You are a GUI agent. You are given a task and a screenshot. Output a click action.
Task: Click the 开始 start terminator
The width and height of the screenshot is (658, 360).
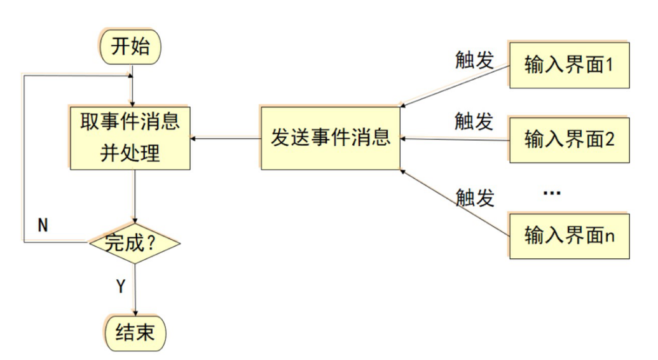click(x=131, y=48)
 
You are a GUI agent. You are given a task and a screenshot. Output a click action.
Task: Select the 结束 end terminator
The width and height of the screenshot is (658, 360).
click(x=135, y=332)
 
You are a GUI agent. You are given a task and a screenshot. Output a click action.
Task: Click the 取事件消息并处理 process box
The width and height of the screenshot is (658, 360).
click(x=131, y=137)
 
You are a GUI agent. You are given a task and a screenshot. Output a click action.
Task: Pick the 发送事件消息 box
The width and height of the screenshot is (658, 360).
click(x=330, y=138)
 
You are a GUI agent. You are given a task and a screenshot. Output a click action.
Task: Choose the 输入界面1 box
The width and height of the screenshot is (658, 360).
click(x=569, y=65)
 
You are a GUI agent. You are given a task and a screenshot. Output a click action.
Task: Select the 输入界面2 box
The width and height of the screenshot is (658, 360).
click(x=569, y=139)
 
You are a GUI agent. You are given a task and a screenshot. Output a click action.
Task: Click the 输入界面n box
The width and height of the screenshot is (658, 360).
click(x=569, y=235)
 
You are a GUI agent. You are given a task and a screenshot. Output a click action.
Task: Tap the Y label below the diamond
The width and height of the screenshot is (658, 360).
click(x=120, y=286)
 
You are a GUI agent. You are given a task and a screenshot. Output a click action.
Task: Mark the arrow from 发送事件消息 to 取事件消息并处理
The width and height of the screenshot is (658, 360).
click(x=226, y=138)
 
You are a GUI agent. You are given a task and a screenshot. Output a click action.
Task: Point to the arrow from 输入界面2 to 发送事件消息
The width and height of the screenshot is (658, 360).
click(x=455, y=139)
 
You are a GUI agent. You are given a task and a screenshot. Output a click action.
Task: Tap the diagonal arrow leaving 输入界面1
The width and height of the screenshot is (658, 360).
click(x=455, y=85)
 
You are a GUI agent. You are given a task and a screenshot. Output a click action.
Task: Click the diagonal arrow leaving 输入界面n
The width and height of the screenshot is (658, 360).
click(x=455, y=204)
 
